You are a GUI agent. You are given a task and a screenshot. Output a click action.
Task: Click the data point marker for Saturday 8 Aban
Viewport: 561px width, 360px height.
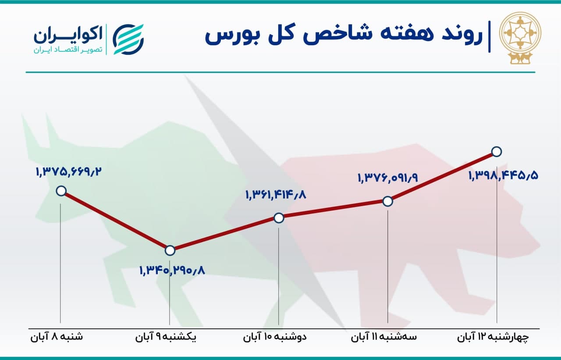61,191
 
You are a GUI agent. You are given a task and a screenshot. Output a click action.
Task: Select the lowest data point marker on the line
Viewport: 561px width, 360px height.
170,250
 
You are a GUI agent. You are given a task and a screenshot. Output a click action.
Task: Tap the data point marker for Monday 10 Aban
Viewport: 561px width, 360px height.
279,218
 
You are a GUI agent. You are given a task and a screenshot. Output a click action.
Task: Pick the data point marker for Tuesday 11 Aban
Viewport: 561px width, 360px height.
388,201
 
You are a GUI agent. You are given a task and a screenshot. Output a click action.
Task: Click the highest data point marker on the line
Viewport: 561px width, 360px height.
497,152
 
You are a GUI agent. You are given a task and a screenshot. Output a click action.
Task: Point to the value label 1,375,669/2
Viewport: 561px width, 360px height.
69,172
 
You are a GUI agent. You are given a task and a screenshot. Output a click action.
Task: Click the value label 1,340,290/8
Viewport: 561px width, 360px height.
172,270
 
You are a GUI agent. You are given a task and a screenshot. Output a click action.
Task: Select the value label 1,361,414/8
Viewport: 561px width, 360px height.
276,195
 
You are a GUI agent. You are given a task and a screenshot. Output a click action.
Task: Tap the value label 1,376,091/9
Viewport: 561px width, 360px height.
388,178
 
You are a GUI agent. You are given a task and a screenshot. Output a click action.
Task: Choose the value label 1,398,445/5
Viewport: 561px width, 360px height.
504,175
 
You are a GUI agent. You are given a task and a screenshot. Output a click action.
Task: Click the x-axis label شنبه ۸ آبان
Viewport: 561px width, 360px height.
57,337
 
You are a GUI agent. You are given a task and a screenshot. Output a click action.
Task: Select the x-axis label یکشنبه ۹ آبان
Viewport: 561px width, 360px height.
166,337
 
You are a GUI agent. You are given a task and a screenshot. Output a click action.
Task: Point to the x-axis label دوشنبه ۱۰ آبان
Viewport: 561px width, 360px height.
275,337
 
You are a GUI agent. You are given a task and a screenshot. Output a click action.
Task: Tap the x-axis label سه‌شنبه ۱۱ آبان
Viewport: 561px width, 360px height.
383,337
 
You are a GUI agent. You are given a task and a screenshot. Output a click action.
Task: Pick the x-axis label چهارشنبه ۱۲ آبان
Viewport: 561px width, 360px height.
493,337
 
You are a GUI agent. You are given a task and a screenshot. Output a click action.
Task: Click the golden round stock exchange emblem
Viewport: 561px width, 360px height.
520,38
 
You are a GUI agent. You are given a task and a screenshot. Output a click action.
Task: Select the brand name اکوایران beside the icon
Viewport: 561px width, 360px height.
68,35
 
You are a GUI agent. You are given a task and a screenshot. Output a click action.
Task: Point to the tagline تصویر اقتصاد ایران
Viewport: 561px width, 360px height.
68,50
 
